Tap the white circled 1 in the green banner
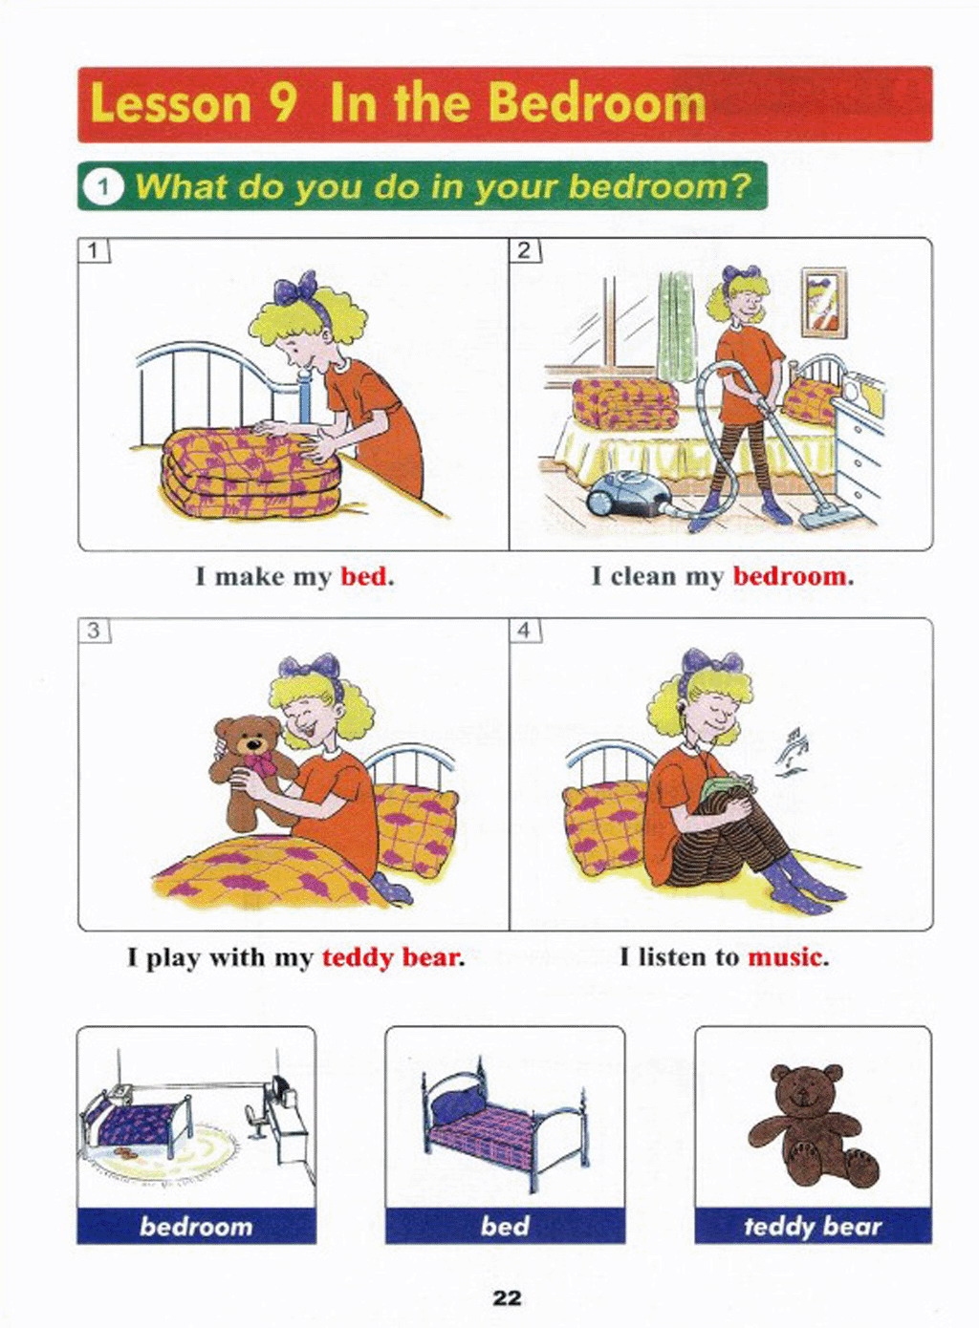pyautogui.click(x=103, y=188)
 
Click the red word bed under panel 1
pyautogui.click(x=363, y=576)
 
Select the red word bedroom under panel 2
pyautogui.click(x=789, y=576)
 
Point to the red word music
pyautogui.click(x=784, y=956)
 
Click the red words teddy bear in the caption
pyautogui.click(x=390, y=957)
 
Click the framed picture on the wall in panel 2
pyautogui.click(x=823, y=302)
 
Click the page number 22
pyautogui.click(x=507, y=1295)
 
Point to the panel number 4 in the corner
pyautogui.click(x=526, y=630)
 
